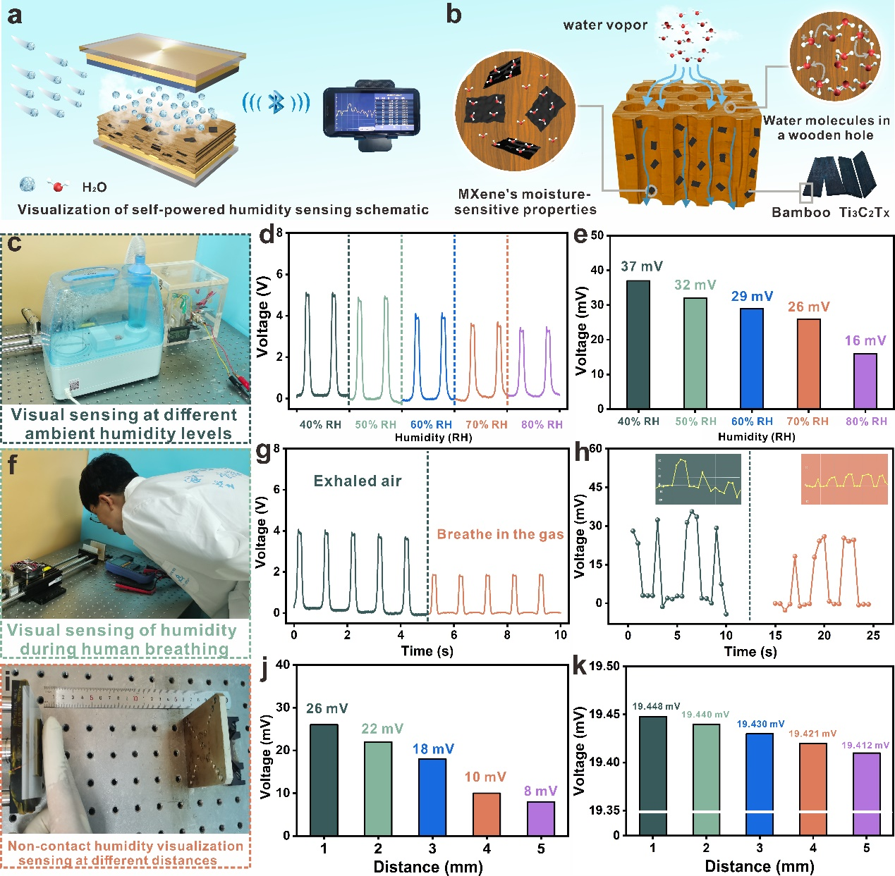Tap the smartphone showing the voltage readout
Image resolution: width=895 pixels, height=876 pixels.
(x=370, y=111)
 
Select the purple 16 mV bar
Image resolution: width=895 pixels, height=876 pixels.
(x=865, y=381)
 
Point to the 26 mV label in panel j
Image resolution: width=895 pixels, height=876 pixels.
(x=327, y=708)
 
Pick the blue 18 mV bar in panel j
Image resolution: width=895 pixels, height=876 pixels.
(x=432, y=796)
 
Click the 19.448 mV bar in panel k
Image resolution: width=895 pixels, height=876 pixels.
(x=652, y=775)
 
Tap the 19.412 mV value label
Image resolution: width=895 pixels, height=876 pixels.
(x=865, y=745)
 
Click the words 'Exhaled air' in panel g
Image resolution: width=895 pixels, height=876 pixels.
(x=358, y=481)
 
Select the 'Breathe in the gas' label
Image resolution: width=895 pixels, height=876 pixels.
(x=500, y=534)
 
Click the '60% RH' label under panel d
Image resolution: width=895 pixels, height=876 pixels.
(x=431, y=424)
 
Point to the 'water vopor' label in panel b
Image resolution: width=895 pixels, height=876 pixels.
(x=605, y=25)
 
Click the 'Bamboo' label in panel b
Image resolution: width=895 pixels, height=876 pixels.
(x=800, y=212)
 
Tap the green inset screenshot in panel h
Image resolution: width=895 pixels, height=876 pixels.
(x=698, y=479)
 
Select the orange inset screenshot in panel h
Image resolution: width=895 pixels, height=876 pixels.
(x=844, y=479)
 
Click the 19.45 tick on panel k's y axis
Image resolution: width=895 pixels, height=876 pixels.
(x=604, y=715)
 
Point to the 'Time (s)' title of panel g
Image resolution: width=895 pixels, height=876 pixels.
(x=427, y=650)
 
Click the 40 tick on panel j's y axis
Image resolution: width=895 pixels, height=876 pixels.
(x=283, y=665)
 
